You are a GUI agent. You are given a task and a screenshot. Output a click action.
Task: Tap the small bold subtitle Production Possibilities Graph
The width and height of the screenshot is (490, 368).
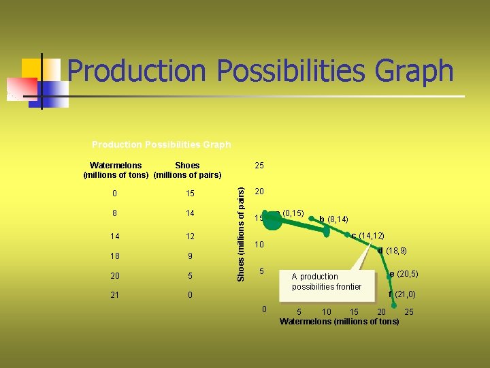(x=161, y=144)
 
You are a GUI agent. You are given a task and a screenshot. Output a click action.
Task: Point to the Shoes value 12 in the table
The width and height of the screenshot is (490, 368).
(x=190, y=236)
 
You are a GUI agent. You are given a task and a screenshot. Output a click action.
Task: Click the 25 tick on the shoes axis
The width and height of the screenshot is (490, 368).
(x=259, y=166)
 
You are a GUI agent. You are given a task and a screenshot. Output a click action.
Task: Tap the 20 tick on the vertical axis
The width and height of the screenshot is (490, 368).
(x=259, y=191)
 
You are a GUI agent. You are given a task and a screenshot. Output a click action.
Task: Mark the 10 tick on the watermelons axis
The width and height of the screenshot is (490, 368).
(x=327, y=312)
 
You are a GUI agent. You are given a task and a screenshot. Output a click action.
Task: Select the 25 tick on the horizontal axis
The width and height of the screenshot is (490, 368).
(x=408, y=312)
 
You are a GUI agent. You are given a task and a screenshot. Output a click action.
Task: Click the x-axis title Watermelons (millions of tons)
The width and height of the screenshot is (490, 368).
(x=339, y=321)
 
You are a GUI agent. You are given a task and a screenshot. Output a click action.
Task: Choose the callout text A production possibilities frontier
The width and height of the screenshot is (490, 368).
(x=326, y=281)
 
